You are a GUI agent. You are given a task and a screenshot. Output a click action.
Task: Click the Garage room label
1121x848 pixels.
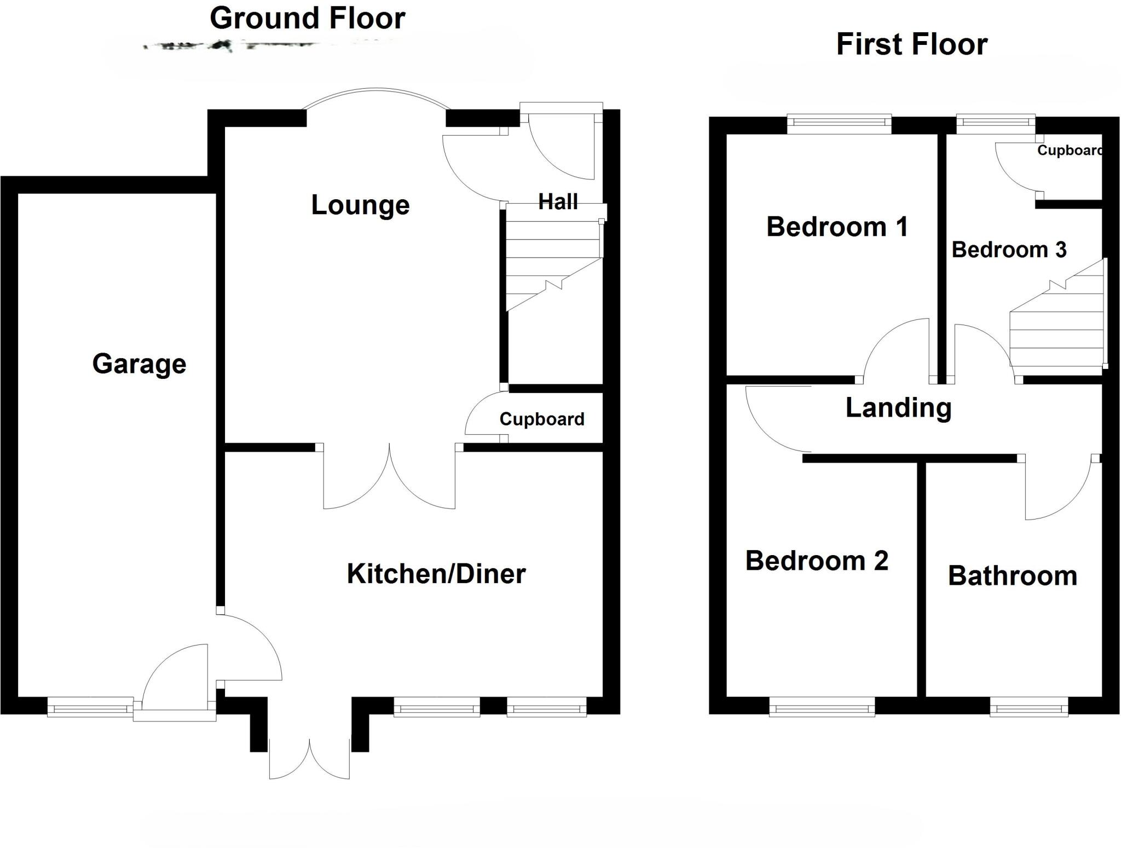139,364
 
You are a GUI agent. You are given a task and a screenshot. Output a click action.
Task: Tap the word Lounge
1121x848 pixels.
360,205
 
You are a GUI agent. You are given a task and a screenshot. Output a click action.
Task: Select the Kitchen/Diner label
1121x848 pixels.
436,574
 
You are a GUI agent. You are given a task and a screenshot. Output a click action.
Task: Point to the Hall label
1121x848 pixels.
558,201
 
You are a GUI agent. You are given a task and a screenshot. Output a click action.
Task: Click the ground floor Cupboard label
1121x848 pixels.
541,419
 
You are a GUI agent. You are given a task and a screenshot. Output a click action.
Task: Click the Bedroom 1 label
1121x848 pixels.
837,227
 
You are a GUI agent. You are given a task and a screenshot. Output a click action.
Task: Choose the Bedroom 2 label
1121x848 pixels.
816,561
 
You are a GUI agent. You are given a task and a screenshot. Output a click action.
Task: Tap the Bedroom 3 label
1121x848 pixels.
1009,250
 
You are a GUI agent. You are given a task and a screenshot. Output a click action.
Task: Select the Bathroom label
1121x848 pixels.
1012,576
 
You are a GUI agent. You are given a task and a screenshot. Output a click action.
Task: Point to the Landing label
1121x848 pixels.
898,408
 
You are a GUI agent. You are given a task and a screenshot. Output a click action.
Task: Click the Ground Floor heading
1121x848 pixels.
307,18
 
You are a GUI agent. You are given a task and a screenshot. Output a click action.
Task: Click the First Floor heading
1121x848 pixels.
911,44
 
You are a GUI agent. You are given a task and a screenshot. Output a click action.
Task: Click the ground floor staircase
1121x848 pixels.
553,263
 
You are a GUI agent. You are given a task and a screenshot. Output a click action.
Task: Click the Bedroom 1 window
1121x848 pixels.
839,124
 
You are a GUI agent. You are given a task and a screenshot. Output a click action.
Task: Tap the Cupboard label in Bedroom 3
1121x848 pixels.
1069,151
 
